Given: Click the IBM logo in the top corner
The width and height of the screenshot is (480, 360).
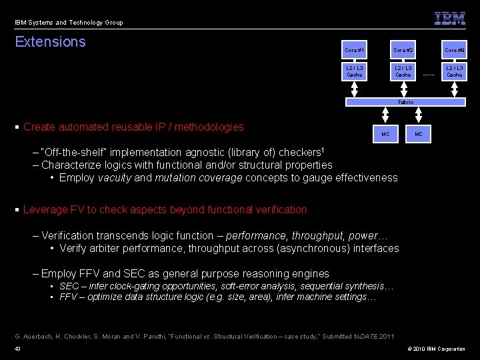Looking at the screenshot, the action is click(x=450, y=19).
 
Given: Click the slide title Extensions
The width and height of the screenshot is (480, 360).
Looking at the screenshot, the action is click(x=51, y=42).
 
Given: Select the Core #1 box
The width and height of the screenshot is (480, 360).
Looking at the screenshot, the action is click(x=355, y=51).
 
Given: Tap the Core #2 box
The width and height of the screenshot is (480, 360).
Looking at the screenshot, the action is click(x=403, y=51).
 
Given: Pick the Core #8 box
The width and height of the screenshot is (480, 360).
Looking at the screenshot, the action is click(x=455, y=51).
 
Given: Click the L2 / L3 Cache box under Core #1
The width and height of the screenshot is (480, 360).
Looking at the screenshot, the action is click(x=355, y=71).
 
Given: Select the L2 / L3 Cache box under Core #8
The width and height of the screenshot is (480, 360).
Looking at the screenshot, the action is click(x=455, y=71).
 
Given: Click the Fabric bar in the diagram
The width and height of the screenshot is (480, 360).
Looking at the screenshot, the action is click(x=405, y=102).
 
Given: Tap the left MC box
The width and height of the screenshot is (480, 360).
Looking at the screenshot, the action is click(x=385, y=135).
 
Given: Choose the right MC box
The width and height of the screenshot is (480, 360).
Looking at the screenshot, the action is click(x=418, y=135).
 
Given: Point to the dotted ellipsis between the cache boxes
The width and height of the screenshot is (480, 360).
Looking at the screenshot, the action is click(x=429, y=75).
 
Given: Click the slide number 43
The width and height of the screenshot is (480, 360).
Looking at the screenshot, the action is click(x=17, y=349).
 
